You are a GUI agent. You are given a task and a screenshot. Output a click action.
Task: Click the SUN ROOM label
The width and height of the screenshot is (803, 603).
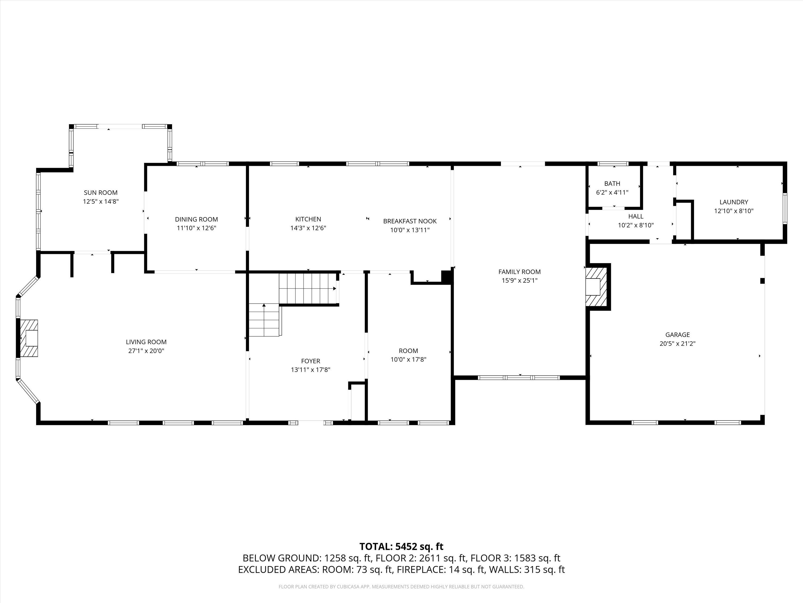click(x=101, y=193)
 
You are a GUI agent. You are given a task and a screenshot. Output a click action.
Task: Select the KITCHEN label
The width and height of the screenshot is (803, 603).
click(x=308, y=219)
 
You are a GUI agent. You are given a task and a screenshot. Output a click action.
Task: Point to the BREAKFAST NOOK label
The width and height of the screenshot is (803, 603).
click(x=410, y=221)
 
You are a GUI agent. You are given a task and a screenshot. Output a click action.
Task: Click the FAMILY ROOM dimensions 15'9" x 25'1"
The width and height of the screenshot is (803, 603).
click(x=520, y=281)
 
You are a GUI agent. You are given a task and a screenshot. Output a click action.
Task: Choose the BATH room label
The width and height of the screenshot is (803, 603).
click(x=612, y=184)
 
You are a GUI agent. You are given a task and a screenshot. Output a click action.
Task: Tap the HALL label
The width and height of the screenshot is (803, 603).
click(x=636, y=216)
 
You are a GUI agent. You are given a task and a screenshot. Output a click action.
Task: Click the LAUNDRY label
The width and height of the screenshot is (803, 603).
click(x=734, y=202)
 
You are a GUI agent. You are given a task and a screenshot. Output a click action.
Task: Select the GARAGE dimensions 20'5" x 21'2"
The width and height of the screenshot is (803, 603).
click(x=677, y=344)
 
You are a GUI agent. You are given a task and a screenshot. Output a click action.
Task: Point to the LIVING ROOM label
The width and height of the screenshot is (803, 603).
click(x=146, y=342)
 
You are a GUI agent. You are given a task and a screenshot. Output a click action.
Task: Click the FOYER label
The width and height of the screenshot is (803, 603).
click(x=310, y=361)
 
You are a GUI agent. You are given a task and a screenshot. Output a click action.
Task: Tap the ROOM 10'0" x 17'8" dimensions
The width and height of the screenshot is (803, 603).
click(x=408, y=359)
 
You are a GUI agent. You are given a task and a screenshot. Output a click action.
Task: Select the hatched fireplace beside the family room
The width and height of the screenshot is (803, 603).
click(x=596, y=286)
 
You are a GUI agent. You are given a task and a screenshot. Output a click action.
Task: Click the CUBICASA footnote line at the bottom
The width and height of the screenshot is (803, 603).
click(x=401, y=587)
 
